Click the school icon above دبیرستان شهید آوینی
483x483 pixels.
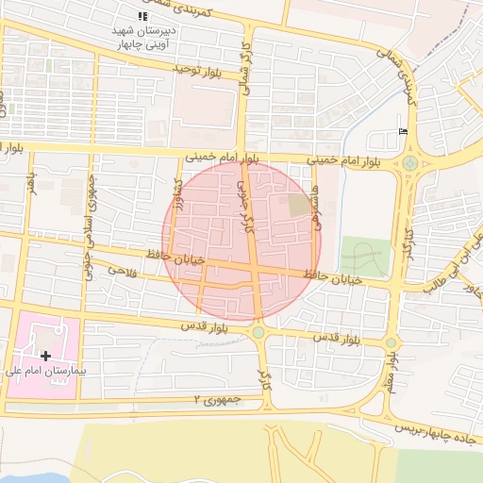pos(142,16)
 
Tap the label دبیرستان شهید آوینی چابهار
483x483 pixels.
pos(142,36)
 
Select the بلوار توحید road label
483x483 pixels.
pos(196,70)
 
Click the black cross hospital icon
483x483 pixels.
pos(45,356)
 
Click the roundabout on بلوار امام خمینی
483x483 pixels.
pos(410,163)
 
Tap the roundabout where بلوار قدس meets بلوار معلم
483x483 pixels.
pos(391,342)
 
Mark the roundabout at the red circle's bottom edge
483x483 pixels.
pos(258,331)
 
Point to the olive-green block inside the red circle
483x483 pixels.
pos(298,205)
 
